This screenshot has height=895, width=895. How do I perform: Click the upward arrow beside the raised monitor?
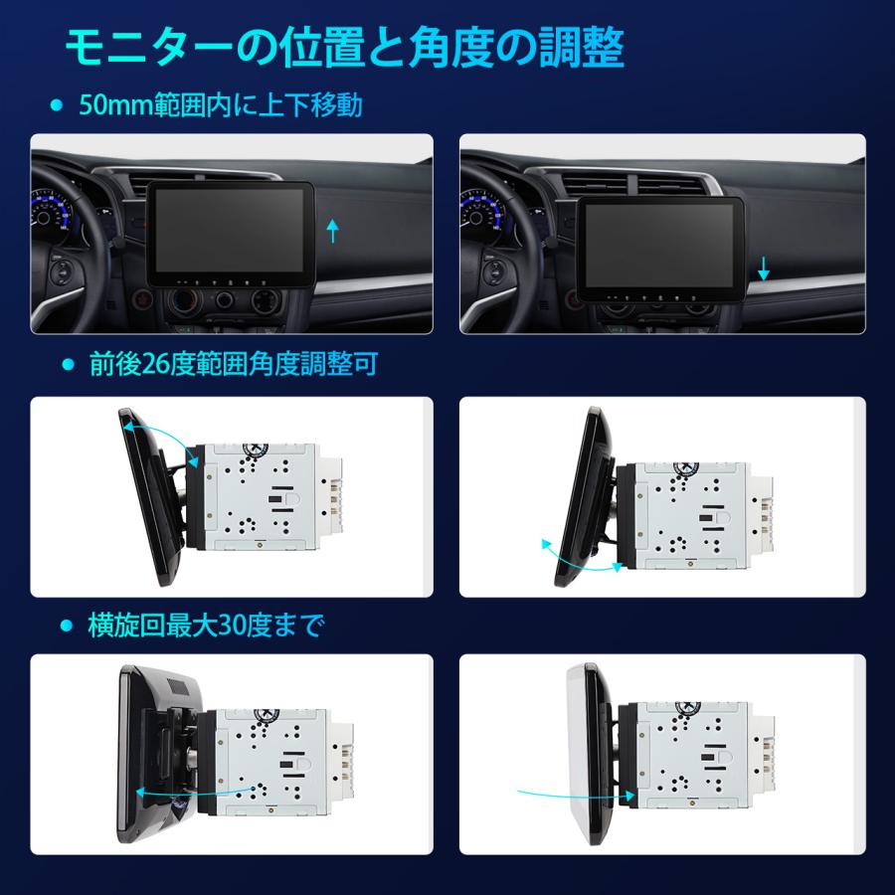(x=333, y=233)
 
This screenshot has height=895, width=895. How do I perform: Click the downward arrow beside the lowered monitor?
(x=764, y=267)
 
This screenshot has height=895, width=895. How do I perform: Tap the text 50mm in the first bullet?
(x=113, y=104)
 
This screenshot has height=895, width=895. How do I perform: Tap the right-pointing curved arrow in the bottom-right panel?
(x=577, y=792)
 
